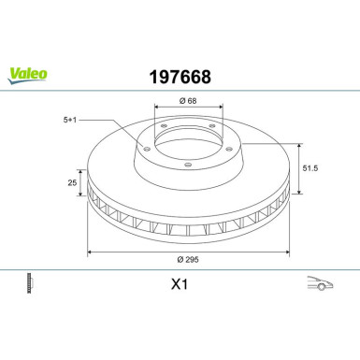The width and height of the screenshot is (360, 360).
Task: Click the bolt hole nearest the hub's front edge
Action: tap(187, 166)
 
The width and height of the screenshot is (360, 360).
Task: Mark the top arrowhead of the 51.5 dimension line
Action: tap(296, 144)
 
